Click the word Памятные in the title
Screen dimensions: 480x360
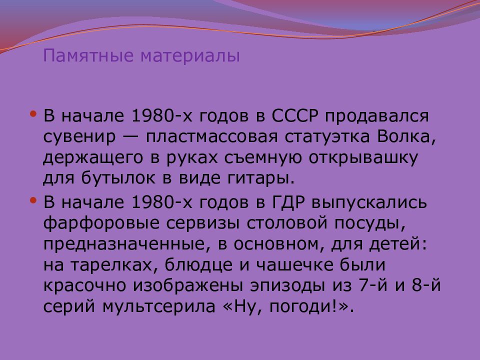(88, 55)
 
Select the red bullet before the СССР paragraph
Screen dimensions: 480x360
(33, 114)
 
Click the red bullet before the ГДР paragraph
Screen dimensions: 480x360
(33, 201)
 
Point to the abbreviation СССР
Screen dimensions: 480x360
(295, 115)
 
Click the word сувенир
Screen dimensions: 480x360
(79, 137)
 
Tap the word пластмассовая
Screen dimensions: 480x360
(211, 137)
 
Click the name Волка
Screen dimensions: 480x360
(406, 137)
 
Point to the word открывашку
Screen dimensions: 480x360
(363, 157)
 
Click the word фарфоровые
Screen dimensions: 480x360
(101, 223)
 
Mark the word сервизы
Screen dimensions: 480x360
(202, 223)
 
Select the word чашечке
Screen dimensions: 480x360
(294, 265)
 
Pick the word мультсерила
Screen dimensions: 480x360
(159, 306)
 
